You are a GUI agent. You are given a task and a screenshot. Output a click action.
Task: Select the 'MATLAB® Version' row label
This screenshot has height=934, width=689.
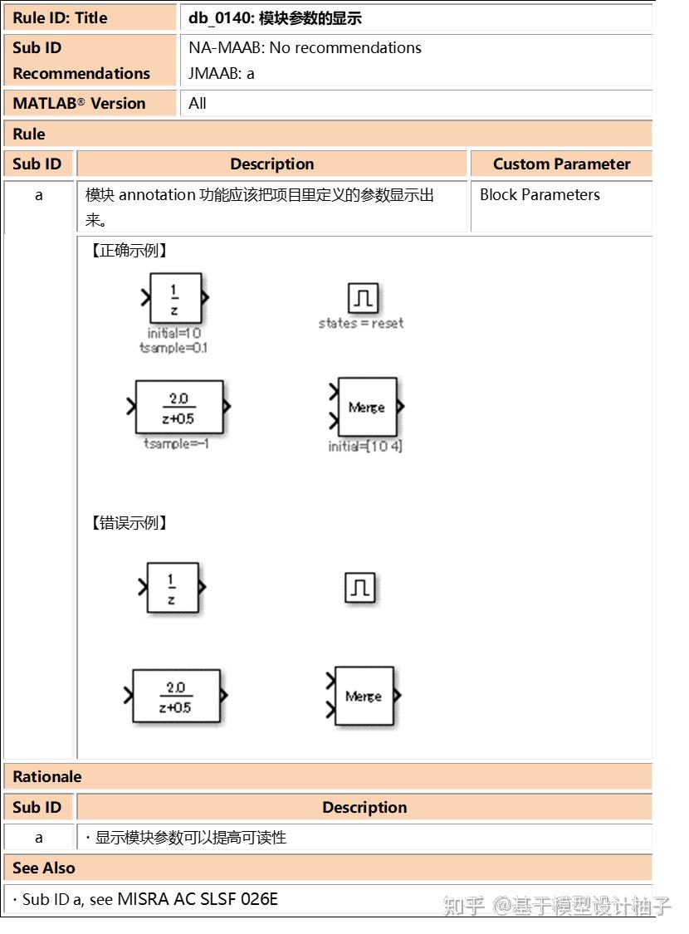(x=79, y=104)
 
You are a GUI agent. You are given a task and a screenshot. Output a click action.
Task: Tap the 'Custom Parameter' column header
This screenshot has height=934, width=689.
(x=561, y=164)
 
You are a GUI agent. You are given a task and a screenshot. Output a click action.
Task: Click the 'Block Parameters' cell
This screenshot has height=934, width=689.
(x=540, y=195)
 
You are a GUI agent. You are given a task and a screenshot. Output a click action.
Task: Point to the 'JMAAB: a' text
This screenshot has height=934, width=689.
(x=222, y=73)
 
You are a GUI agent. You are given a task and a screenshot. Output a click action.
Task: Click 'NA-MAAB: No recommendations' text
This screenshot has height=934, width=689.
(x=305, y=48)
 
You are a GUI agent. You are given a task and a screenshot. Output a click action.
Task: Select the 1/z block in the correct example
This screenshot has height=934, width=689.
(x=175, y=299)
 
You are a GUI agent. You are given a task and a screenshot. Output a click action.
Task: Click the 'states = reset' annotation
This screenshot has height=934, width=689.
(x=361, y=323)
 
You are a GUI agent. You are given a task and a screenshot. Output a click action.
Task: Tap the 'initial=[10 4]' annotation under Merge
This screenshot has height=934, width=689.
(x=365, y=447)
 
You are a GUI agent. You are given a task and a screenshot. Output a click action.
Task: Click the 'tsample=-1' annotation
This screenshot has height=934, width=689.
(x=176, y=443)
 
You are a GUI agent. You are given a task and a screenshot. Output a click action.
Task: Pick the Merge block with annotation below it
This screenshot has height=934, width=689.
(x=367, y=407)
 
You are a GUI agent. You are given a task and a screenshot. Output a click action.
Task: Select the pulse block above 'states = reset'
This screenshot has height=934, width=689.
(x=363, y=297)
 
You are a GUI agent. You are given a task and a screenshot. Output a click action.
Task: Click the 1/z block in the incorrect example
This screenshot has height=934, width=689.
(x=173, y=589)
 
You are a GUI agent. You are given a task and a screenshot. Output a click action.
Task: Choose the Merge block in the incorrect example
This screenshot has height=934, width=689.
(x=364, y=696)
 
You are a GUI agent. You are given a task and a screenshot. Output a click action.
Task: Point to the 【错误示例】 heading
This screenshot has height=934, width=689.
(x=129, y=523)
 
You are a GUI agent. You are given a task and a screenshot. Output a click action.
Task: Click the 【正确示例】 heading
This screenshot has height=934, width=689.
(x=129, y=251)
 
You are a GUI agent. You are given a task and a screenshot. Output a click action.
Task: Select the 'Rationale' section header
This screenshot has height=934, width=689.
(x=47, y=777)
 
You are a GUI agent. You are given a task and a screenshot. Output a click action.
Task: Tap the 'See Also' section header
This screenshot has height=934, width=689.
(x=44, y=868)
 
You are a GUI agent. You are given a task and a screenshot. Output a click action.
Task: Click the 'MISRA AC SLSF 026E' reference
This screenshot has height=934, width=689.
(x=198, y=899)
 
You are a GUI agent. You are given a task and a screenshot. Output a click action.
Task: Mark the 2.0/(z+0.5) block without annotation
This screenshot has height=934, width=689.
(x=176, y=696)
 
